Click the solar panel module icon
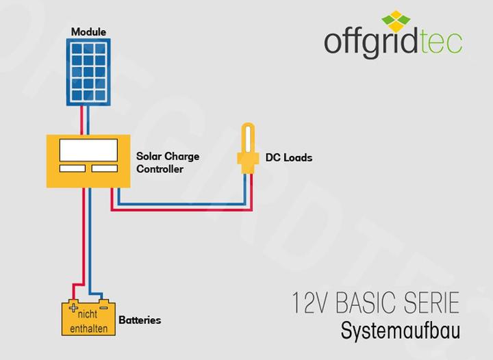pos(90,73)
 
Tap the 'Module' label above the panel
pos(89,32)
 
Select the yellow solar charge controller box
pos(89,162)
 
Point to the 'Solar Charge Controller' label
pos(167,162)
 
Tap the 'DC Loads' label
pos(288,157)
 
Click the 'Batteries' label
pos(140,320)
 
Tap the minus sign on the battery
pos(103,308)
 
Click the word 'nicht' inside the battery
pos(88,315)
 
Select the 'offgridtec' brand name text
pos(392,43)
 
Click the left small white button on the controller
pos(72,168)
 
